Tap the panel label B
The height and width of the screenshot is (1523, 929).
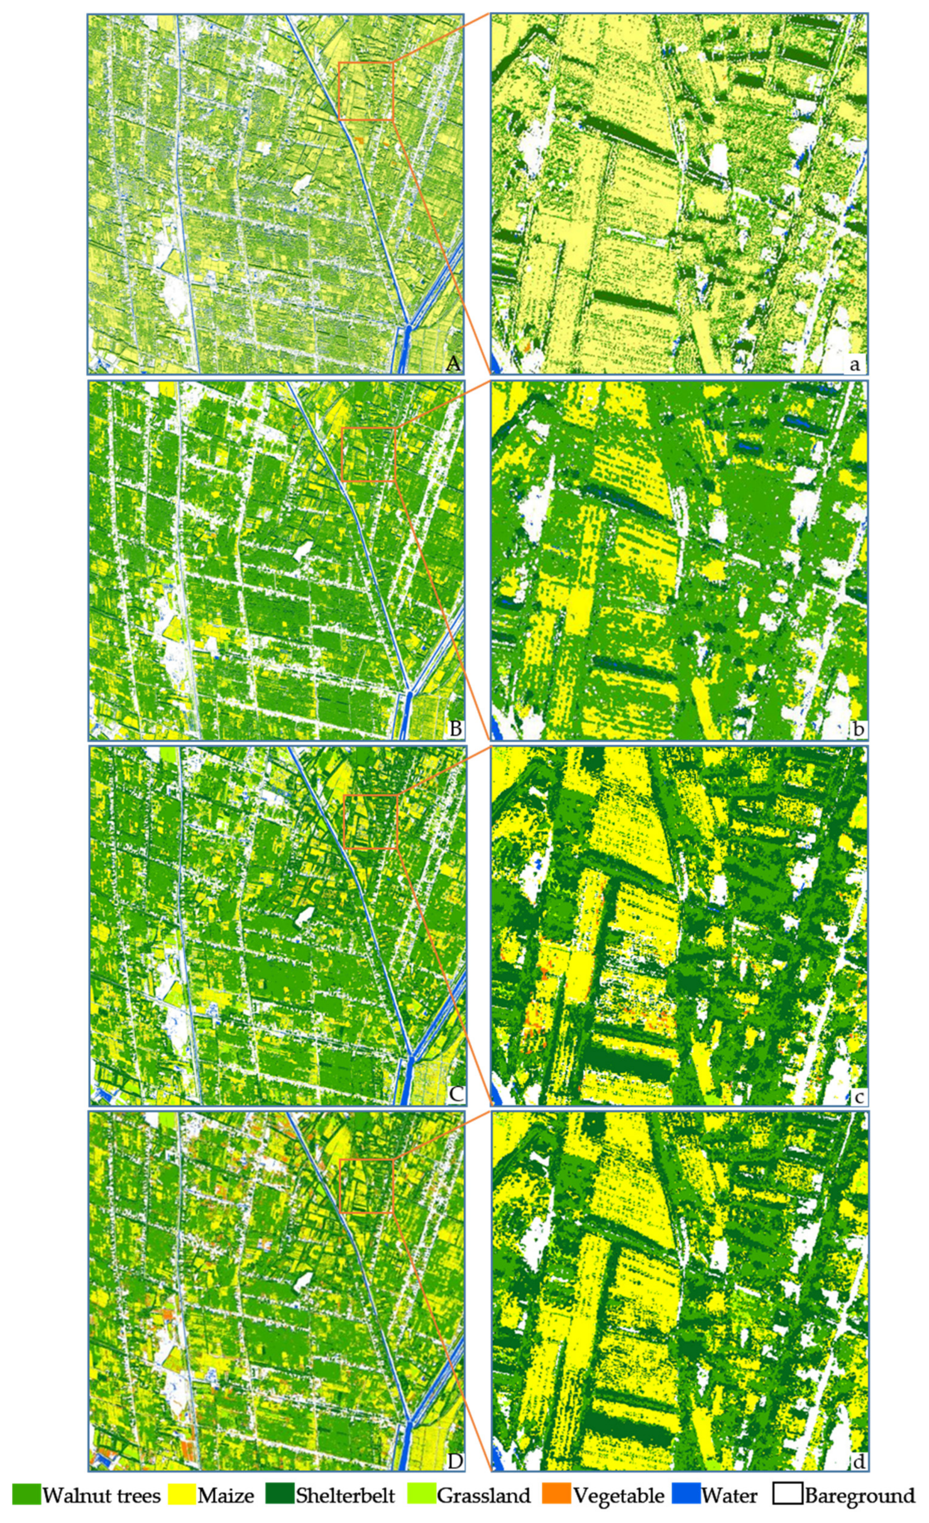(x=454, y=729)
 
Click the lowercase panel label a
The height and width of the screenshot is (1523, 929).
(x=856, y=364)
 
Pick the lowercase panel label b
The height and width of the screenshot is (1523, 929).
(x=857, y=729)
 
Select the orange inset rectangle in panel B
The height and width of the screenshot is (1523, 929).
(x=368, y=454)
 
